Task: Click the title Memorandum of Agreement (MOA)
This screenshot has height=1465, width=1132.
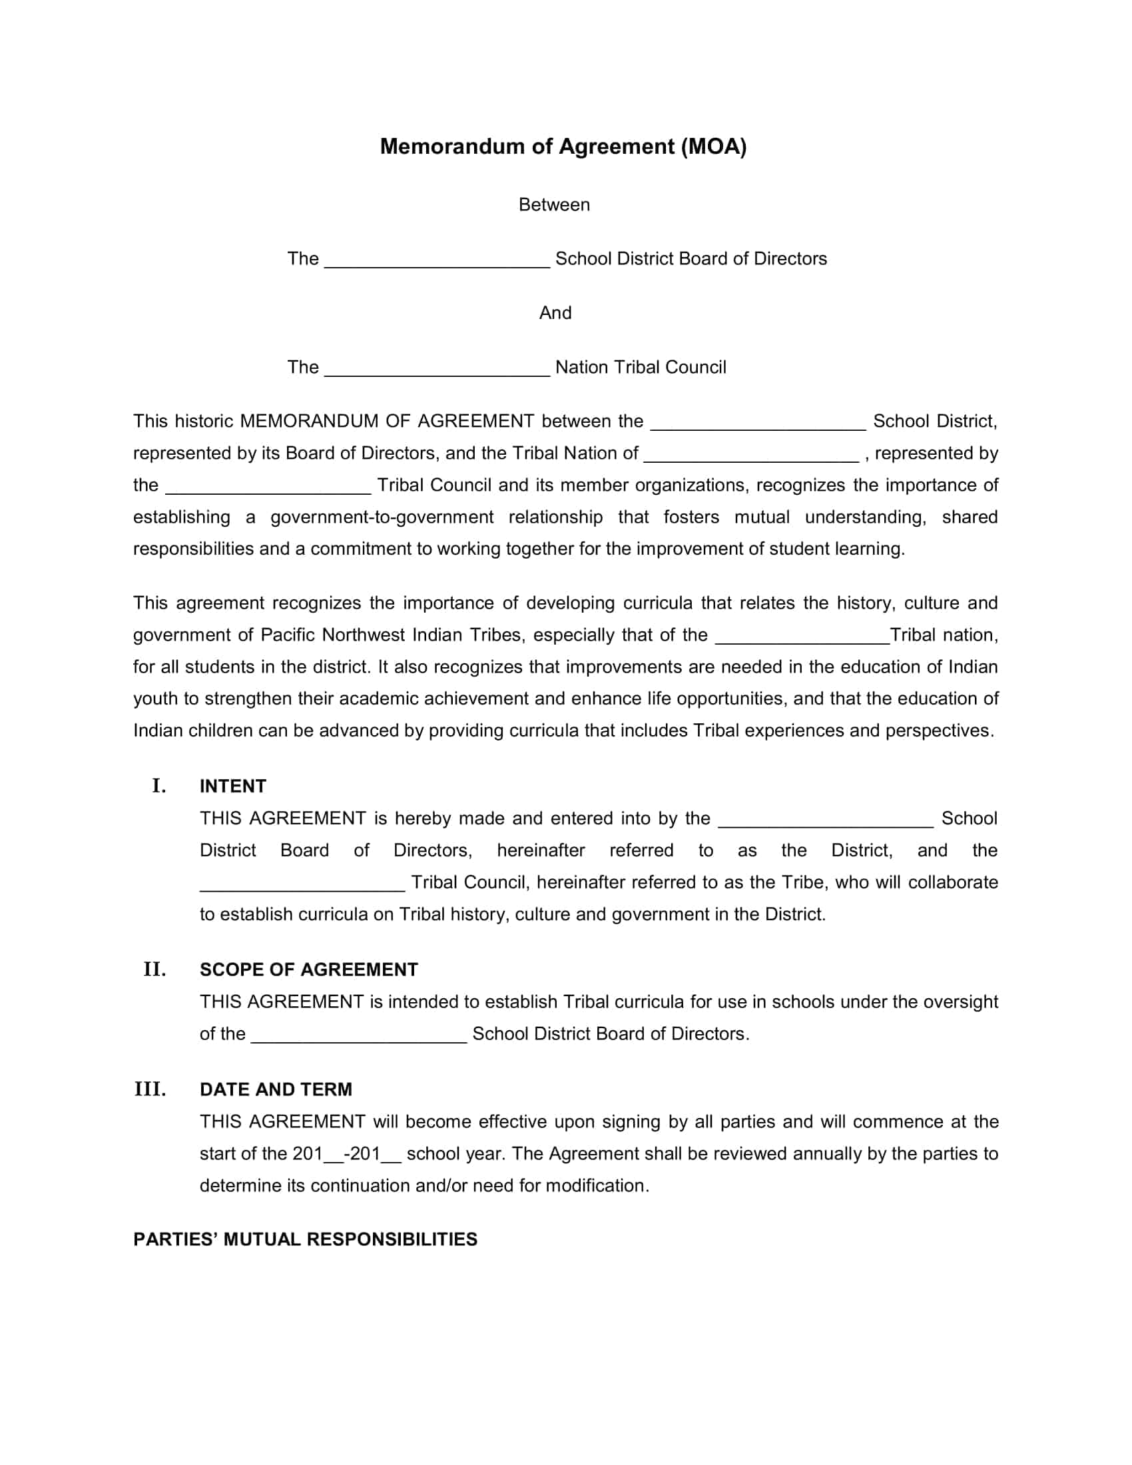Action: (x=563, y=146)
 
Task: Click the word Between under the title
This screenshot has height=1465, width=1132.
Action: (x=554, y=204)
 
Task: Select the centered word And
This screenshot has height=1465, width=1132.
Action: (x=555, y=313)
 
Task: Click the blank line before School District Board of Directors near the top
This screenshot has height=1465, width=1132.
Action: (x=437, y=262)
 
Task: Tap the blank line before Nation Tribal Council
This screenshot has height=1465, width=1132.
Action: (x=437, y=370)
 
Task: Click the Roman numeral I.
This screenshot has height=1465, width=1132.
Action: (x=159, y=786)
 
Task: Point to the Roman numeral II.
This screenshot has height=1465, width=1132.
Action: (x=154, y=970)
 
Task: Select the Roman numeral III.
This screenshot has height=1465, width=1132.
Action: (x=150, y=1089)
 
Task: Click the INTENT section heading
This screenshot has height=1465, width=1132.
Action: (x=232, y=786)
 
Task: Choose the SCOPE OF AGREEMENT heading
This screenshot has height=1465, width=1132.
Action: (x=308, y=970)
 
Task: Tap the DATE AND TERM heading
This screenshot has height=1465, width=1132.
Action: (x=276, y=1089)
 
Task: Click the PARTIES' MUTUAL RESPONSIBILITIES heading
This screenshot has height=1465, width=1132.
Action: (x=305, y=1239)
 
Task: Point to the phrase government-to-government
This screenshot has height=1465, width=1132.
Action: (x=382, y=517)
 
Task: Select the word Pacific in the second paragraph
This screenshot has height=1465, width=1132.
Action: (x=288, y=635)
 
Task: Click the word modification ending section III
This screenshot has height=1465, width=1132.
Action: (x=596, y=1186)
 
